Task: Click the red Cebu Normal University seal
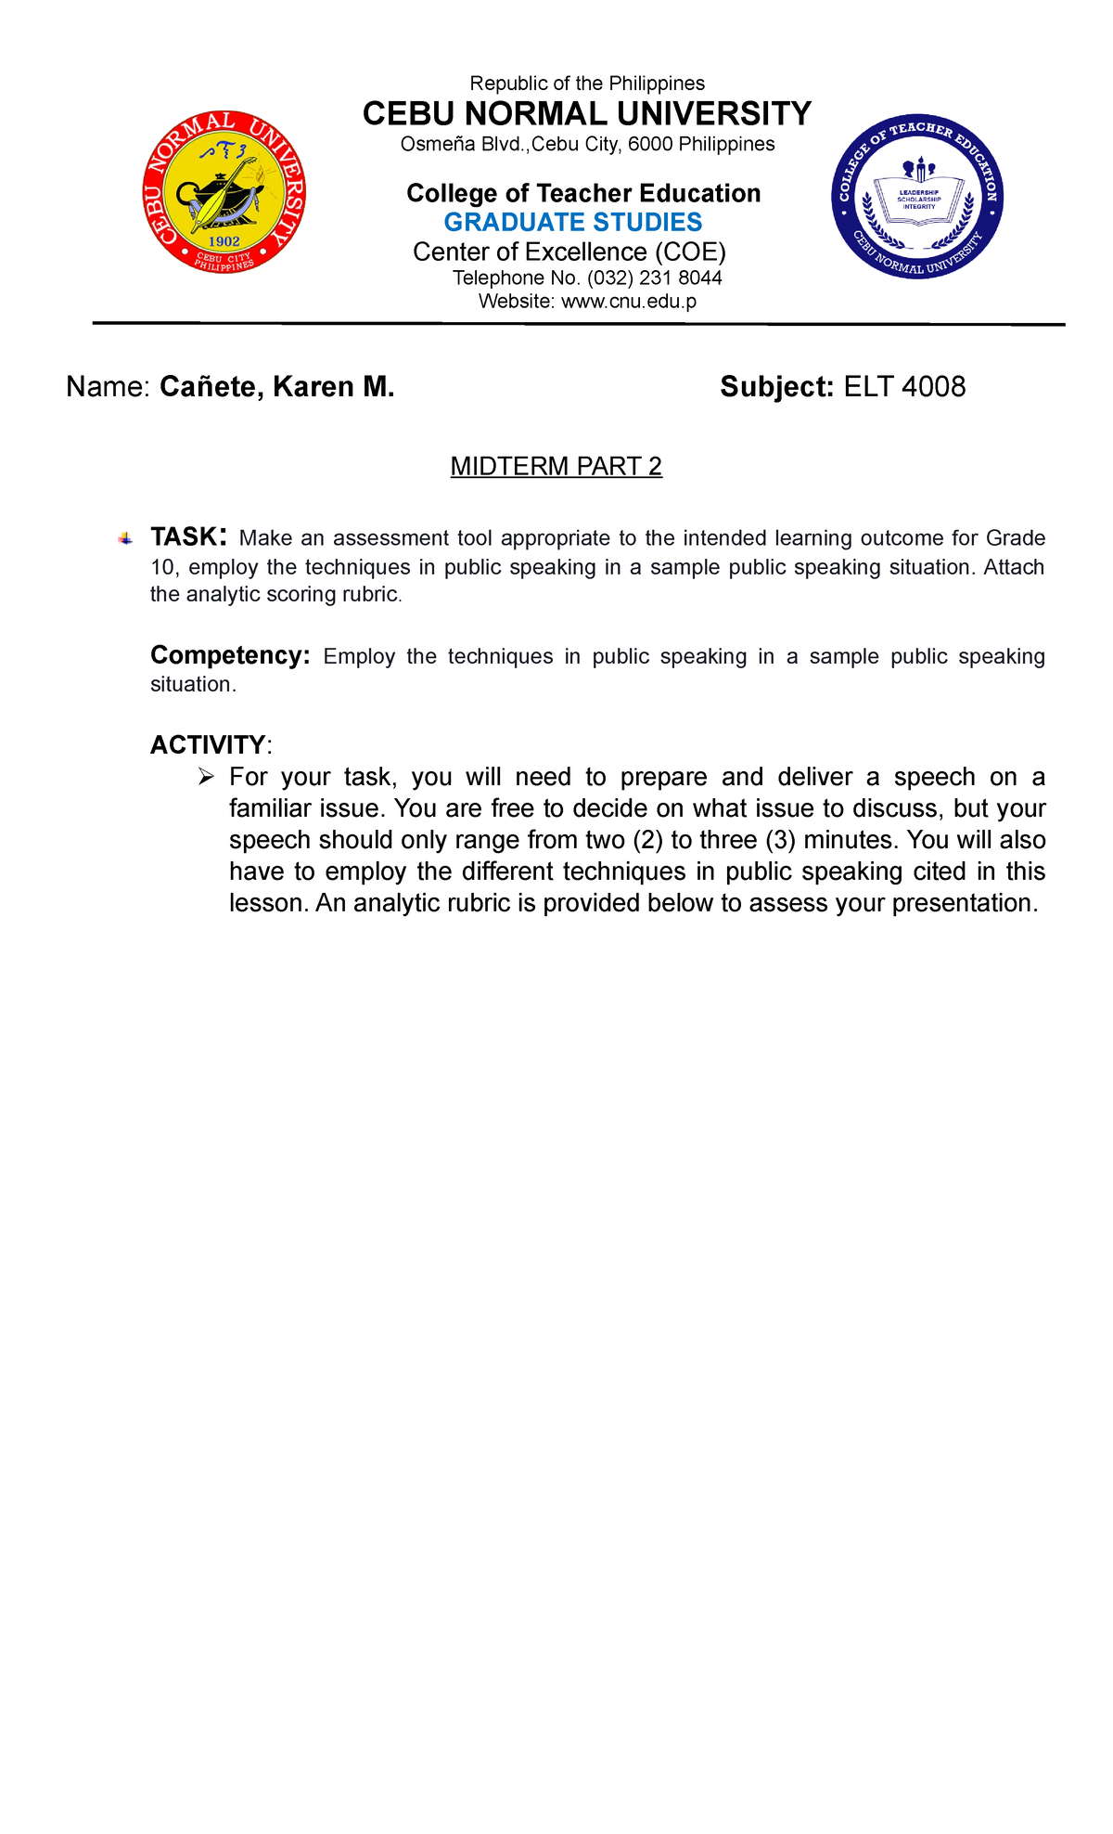(224, 192)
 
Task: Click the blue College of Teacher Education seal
(917, 198)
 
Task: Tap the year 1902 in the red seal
(224, 241)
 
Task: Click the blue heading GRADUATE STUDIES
(572, 223)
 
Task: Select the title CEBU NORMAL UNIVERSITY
(586, 114)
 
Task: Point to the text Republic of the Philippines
(587, 84)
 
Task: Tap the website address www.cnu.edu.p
(629, 302)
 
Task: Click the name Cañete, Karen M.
(277, 387)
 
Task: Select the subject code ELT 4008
(904, 387)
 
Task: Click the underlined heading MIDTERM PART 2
(556, 466)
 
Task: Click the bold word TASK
(184, 537)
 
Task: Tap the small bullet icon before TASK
(125, 539)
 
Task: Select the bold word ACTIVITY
(208, 744)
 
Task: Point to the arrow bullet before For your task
(206, 777)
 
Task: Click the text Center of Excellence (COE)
(569, 252)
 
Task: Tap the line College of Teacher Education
(583, 193)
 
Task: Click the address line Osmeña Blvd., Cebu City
(587, 145)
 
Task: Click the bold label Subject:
(777, 387)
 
